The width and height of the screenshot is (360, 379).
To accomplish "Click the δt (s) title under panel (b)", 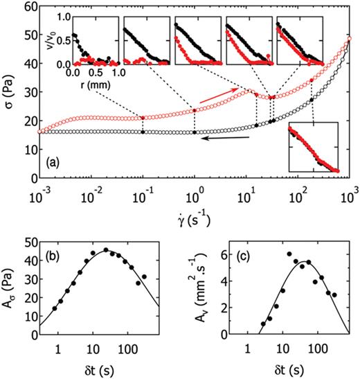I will [102, 368].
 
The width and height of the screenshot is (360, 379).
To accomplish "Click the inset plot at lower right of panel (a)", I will [314, 146].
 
